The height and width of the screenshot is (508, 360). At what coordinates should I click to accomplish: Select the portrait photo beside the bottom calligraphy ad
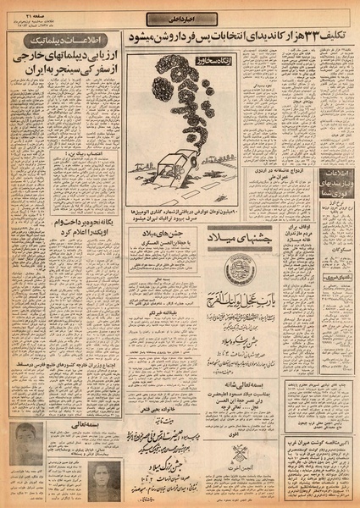102,477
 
